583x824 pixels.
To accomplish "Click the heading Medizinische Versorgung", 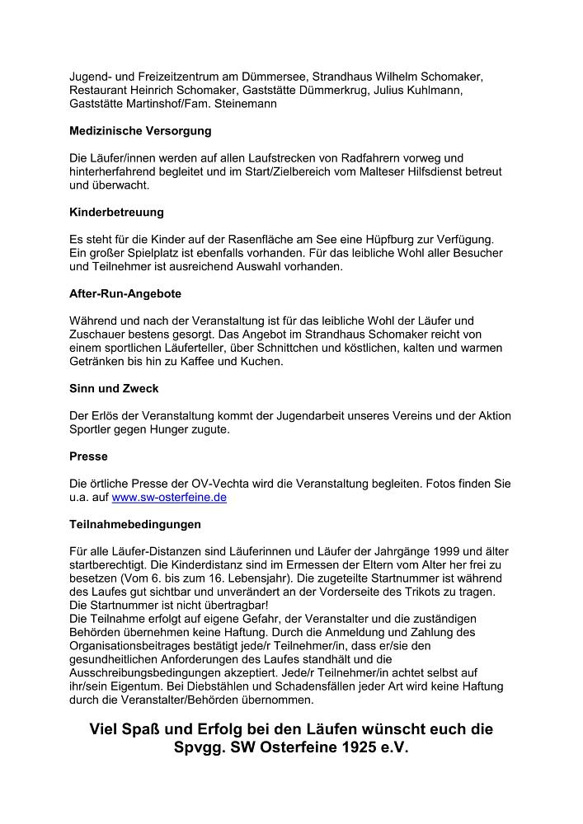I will point(140,131).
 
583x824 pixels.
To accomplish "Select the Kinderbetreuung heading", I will point(116,213).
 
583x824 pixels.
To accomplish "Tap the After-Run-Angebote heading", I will point(125,293).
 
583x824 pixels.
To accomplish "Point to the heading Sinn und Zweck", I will point(114,388).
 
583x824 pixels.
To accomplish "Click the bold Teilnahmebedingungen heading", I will point(135,524).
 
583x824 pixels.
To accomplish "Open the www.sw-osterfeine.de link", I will point(169,498).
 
